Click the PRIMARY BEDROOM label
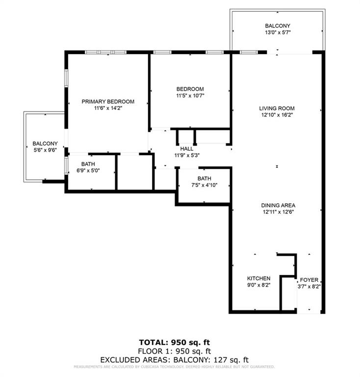pos(108,102)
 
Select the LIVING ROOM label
pos(277,108)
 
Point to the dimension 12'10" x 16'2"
pos(277,115)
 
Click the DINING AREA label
pos(278,206)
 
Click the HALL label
pos(186,149)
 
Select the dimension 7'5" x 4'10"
pos(204,185)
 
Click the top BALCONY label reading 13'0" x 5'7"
pos(278,26)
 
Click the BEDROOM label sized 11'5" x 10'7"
pos(190,89)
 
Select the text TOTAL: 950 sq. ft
pos(177,342)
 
